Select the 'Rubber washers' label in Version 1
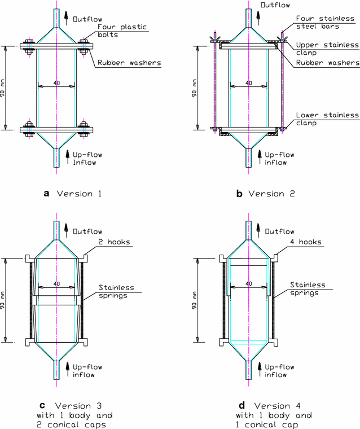point(122,63)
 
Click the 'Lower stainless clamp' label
point(327,119)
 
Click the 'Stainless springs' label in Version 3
point(115,292)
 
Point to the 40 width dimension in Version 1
point(56,84)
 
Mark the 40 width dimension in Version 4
point(248,283)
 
